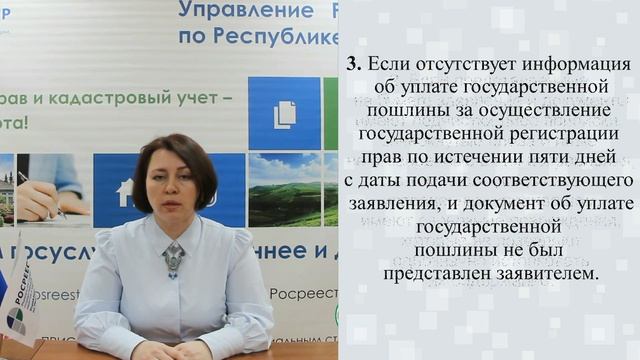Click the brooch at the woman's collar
174,259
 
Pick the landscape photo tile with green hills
284,189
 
